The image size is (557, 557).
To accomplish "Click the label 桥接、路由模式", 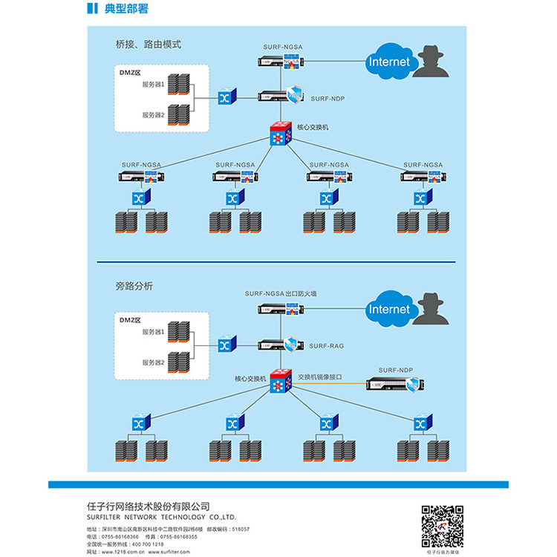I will pos(148,45).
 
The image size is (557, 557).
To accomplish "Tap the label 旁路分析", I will pos(134,285).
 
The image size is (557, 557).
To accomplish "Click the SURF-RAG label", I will pos(326,346).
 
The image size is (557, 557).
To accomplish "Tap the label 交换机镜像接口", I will pos(320,377).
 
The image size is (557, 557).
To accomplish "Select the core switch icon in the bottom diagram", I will pos(281,382).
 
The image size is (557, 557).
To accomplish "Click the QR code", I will pos(443,526).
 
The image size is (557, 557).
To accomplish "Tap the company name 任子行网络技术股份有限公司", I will pos(149,506).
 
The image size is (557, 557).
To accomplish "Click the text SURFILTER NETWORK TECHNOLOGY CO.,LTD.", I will pos(161,517).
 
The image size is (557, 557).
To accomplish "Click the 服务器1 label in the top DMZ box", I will pos(153,84).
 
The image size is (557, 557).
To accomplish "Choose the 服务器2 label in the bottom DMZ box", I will pos(153,362).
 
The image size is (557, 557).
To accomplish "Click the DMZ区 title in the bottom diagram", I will pos(130,319).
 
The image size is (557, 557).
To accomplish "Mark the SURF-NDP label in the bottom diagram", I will pos(394,370).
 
